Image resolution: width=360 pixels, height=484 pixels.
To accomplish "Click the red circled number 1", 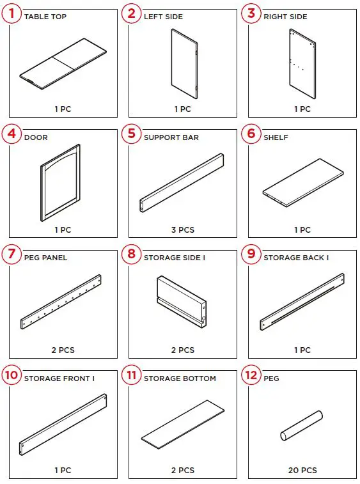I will pyautogui.click(x=12, y=13).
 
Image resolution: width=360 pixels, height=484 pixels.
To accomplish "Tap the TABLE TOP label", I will pyautogui.click(x=45, y=17).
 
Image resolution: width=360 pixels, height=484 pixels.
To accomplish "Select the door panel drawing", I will pyautogui.click(x=61, y=182).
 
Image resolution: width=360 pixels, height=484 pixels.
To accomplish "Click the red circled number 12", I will pyautogui.click(x=251, y=375).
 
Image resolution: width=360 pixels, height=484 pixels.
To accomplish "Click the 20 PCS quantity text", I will pyautogui.click(x=302, y=471).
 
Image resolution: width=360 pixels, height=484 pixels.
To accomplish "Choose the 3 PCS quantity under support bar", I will pyautogui.click(x=182, y=230).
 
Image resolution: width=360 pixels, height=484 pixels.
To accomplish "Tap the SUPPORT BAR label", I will pyautogui.click(x=171, y=137).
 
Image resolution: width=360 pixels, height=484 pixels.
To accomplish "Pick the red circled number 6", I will pyautogui.click(x=251, y=134).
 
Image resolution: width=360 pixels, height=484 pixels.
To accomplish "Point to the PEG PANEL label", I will pyautogui.click(x=45, y=258).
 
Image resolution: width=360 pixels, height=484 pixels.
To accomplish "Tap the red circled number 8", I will pyautogui.click(x=132, y=254).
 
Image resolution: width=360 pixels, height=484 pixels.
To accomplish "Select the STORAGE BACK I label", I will pyautogui.click(x=296, y=258).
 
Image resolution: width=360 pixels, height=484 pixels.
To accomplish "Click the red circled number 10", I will pyautogui.click(x=12, y=375).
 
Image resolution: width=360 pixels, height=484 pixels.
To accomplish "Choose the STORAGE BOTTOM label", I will pyautogui.click(x=180, y=379).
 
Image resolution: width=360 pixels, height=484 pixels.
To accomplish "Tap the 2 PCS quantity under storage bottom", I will pyautogui.click(x=182, y=471).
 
